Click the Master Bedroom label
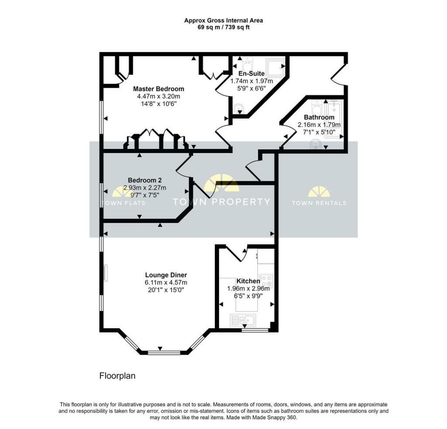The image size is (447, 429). pyautogui.click(x=158, y=89)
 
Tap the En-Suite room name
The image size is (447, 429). pyautogui.click(x=251, y=73)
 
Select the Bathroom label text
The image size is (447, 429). pyautogui.click(x=319, y=117)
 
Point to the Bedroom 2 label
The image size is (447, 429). pyautogui.click(x=145, y=180)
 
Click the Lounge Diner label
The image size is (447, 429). pyautogui.click(x=166, y=275)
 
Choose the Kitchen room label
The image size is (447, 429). pyautogui.click(x=248, y=281)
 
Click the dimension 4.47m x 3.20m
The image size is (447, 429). pyautogui.click(x=158, y=97)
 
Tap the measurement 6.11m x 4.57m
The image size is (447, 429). pyautogui.click(x=166, y=283)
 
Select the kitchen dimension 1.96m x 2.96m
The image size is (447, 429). pyautogui.click(x=248, y=288)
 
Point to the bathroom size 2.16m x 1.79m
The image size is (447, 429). pyautogui.click(x=319, y=125)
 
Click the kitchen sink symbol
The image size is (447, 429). pyautogui.click(x=243, y=320)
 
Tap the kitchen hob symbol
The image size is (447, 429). pyautogui.click(x=267, y=280)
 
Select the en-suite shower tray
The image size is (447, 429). pyautogui.click(x=275, y=68)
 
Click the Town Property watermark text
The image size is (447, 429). pyautogui.click(x=221, y=202)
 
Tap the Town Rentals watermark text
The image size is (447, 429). pyautogui.click(x=319, y=203)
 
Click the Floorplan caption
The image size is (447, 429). pyautogui.click(x=117, y=376)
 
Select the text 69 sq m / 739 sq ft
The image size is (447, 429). pyautogui.click(x=223, y=28)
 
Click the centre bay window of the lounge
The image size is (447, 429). pyautogui.click(x=164, y=353)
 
